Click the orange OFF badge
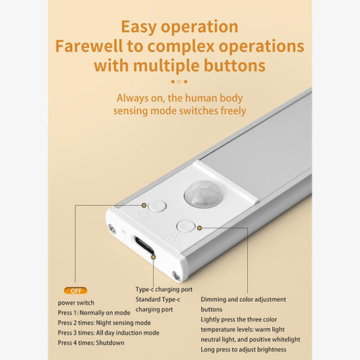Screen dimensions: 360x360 75,290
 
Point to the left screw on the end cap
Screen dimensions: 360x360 110,230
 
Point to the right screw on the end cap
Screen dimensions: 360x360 176,275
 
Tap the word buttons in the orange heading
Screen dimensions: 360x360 231,66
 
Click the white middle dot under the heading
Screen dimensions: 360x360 179,82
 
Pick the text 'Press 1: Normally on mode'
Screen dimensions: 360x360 93,313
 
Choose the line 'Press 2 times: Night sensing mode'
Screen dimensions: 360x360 104,323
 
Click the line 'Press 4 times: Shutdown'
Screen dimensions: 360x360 91,343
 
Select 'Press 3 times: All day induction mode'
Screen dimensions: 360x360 109,333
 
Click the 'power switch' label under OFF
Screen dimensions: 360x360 76,303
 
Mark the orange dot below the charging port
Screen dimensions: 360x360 154,257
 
